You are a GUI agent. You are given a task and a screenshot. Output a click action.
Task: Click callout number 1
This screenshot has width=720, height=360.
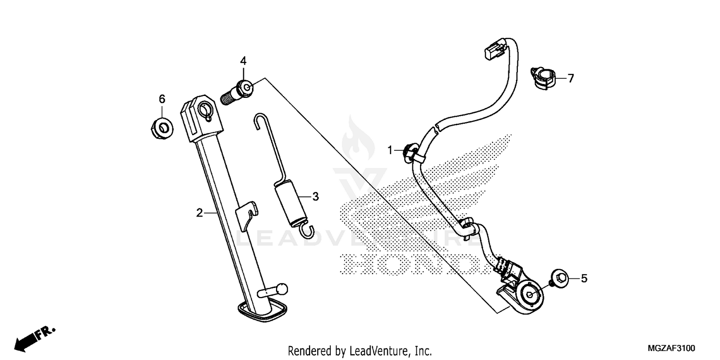[x=390, y=150]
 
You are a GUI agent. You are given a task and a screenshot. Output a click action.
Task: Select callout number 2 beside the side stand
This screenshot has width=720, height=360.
[x=200, y=213]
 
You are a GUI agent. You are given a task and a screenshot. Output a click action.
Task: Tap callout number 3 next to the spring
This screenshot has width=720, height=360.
[x=315, y=196]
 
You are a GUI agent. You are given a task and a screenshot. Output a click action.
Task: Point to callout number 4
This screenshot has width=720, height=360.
[x=243, y=61]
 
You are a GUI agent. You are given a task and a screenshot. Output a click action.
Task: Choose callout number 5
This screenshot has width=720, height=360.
[x=584, y=278]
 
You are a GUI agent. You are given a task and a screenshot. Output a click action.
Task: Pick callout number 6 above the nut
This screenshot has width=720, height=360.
[x=162, y=99]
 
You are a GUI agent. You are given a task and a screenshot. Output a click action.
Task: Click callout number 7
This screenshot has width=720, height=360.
[x=571, y=78]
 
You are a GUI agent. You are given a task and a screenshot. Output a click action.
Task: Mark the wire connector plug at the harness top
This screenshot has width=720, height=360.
[x=493, y=50]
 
